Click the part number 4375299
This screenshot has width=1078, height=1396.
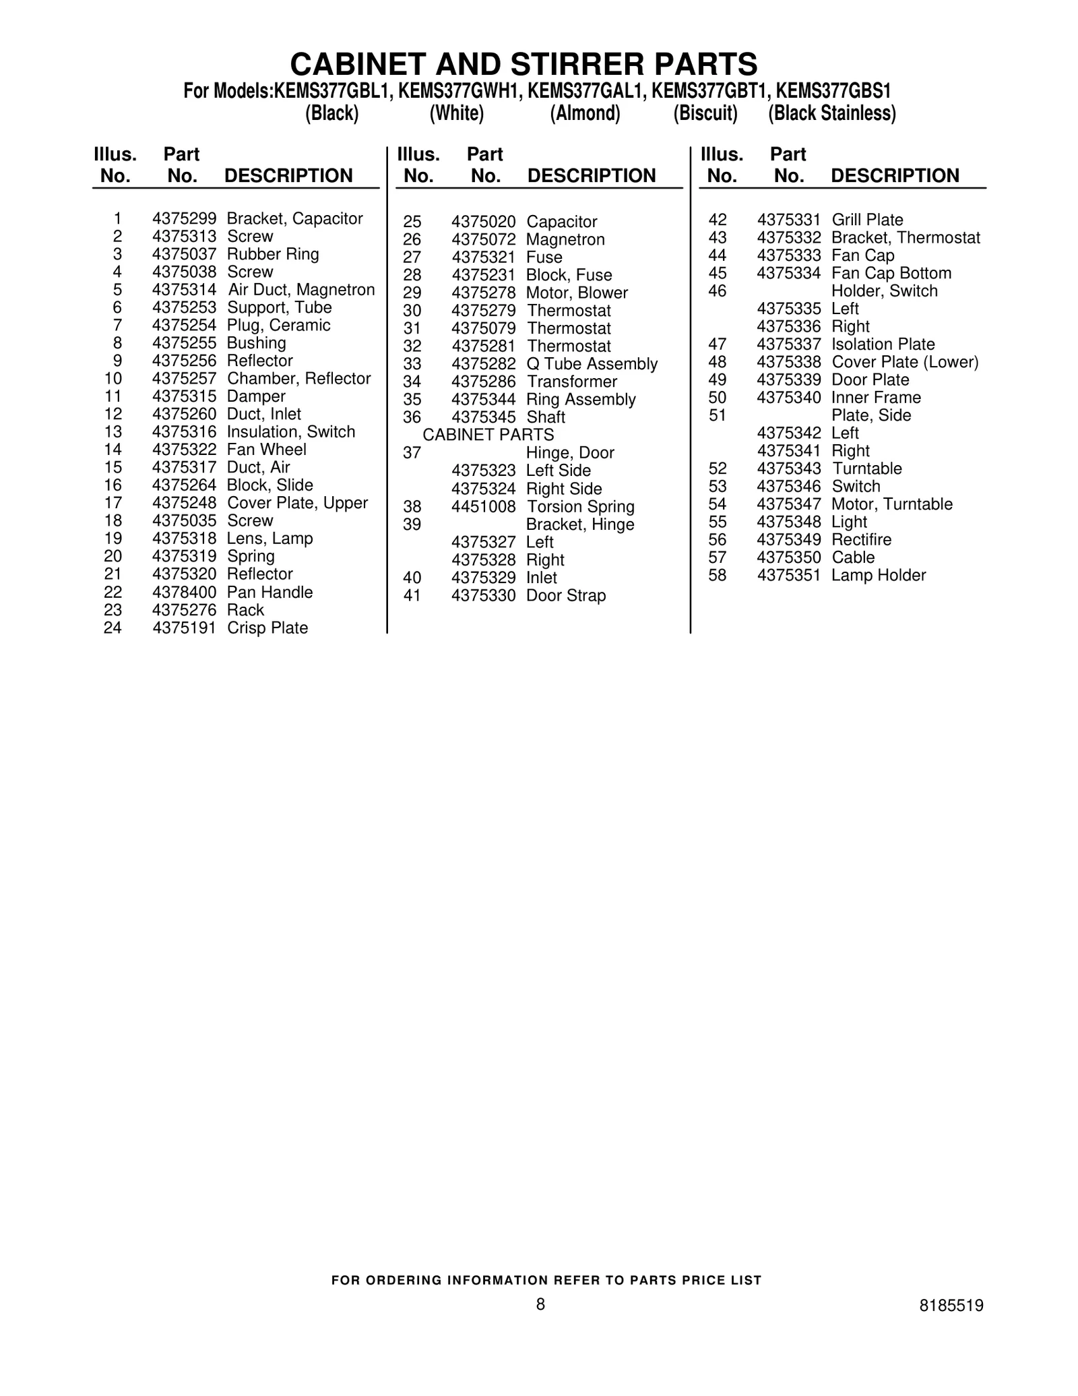(x=184, y=218)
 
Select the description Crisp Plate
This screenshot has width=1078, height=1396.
(x=267, y=628)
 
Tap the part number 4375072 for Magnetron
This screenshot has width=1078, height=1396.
(x=483, y=240)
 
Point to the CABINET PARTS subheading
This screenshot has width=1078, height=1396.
(x=488, y=435)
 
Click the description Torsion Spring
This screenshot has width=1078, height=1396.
(x=580, y=507)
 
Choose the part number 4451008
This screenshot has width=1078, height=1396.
(x=483, y=507)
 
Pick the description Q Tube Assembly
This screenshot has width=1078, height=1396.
(x=592, y=364)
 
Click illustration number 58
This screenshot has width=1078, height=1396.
(x=718, y=576)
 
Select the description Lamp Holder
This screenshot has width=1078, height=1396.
(x=879, y=576)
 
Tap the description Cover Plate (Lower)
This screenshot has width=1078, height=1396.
(x=905, y=362)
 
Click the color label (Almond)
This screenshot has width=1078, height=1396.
(x=585, y=113)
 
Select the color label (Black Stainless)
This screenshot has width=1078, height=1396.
(x=831, y=113)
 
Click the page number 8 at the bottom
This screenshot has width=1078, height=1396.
(x=540, y=1304)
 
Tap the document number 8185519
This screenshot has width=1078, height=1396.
(x=951, y=1306)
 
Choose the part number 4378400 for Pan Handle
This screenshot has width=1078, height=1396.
(x=184, y=593)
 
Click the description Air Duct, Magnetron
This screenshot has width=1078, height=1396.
(x=300, y=290)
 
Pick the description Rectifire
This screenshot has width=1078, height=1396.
(x=861, y=540)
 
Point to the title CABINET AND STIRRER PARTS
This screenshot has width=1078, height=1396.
(x=524, y=64)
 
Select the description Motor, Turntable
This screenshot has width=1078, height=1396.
(x=892, y=504)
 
